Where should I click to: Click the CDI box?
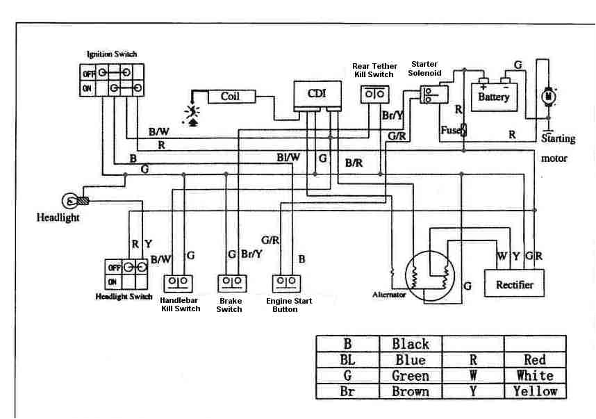pos(316,95)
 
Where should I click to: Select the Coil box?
pos(230,97)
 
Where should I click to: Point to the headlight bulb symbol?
pos(72,202)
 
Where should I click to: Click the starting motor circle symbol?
pos(548,96)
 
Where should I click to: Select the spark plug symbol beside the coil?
pos(189,113)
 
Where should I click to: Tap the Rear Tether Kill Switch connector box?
pos(376,94)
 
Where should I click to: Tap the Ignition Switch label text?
pos(112,54)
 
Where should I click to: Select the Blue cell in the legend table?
pos(411,360)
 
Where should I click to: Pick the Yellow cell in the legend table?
pos(534,391)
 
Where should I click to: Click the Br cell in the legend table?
pos(347,391)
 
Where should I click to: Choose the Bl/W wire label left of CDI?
pos(288,158)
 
